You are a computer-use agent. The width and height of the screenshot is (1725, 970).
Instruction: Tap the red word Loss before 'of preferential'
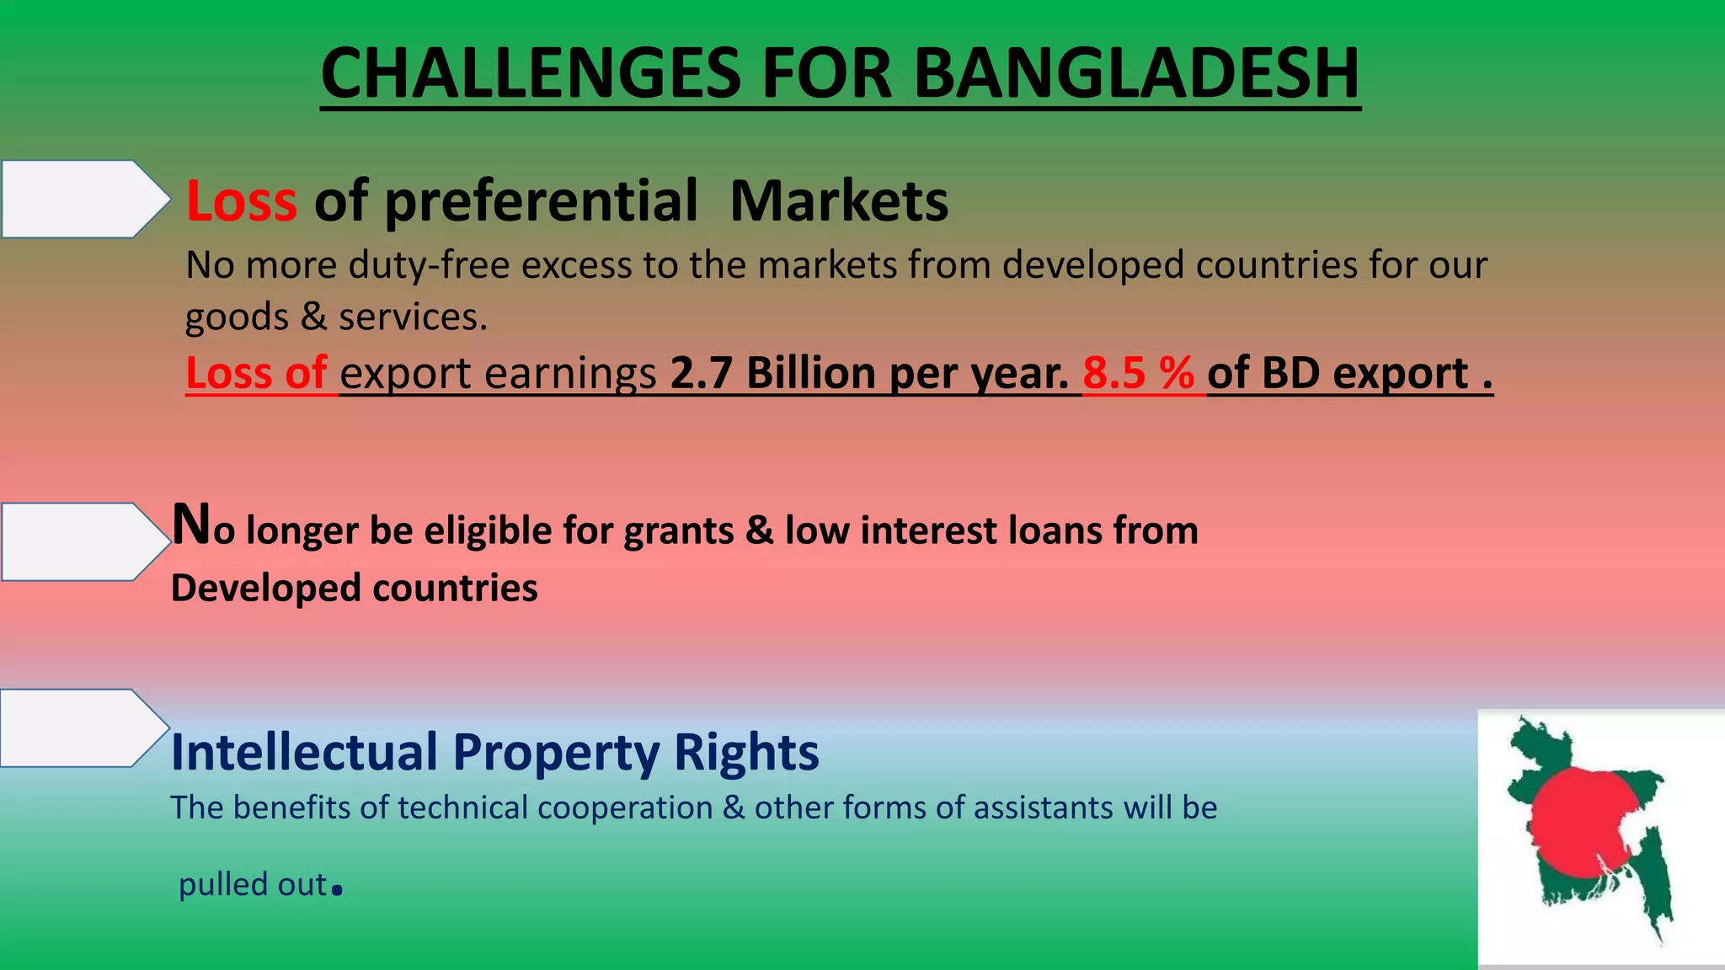click(x=242, y=201)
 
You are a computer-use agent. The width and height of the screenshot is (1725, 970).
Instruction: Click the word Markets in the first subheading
click(x=839, y=201)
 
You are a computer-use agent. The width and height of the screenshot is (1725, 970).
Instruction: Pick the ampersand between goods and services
click(x=313, y=317)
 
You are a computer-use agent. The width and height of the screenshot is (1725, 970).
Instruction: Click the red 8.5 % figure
click(x=1138, y=372)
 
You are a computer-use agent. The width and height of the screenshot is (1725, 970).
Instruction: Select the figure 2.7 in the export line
click(x=701, y=372)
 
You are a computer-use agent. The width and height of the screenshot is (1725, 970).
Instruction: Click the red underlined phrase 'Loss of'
click(x=256, y=372)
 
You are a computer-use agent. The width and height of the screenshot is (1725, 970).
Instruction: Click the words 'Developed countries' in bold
click(x=354, y=588)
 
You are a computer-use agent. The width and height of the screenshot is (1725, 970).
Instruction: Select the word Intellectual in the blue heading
click(x=304, y=751)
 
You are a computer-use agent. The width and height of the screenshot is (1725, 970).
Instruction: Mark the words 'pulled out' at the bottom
click(x=253, y=884)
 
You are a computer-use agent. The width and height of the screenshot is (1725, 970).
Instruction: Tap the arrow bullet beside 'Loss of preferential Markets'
click(x=84, y=199)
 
